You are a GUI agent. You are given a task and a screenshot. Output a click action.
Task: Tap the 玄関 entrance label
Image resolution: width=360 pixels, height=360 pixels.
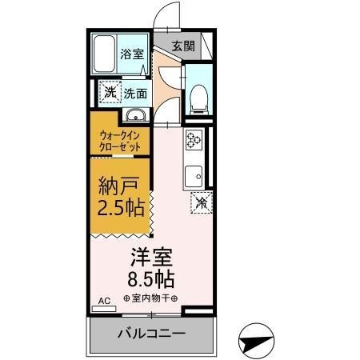pyautogui.click(x=183, y=46)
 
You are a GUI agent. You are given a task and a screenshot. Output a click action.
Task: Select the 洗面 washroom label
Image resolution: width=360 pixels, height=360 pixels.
pyautogui.click(x=134, y=93)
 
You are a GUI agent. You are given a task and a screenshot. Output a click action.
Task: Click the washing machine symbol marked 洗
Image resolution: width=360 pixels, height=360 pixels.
pyautogui.click(x=108, y=92)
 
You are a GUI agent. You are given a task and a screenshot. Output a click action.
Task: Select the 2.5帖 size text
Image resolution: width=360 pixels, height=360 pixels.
pyautogui.click(x=121, y=210)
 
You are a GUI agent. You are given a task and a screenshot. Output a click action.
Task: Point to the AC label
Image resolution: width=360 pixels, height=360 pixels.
pyautogui.click(x=102, y=302)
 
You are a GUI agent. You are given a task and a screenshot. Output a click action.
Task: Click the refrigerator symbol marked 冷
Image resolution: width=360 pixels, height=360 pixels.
pyautogui.click(x=201, y=202)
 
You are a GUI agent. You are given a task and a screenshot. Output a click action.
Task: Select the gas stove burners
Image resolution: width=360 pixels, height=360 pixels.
pyautogui.click(x=194, y=142)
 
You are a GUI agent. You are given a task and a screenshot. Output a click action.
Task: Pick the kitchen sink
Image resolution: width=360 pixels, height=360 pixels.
pyautogui.click(x=194, y=175)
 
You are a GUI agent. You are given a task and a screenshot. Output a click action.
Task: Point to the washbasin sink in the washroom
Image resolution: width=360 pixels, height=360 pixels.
pyautogui.click(x=136, y=113)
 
